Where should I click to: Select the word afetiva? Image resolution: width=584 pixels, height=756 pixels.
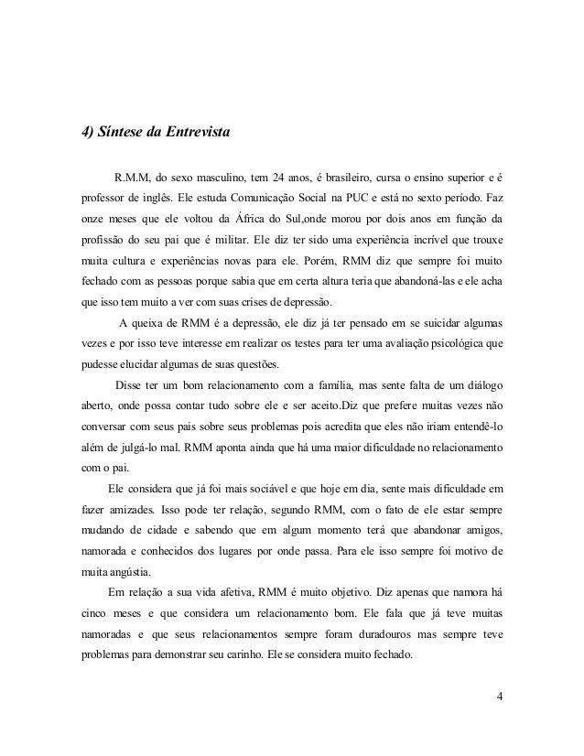[x=236, y=598]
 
